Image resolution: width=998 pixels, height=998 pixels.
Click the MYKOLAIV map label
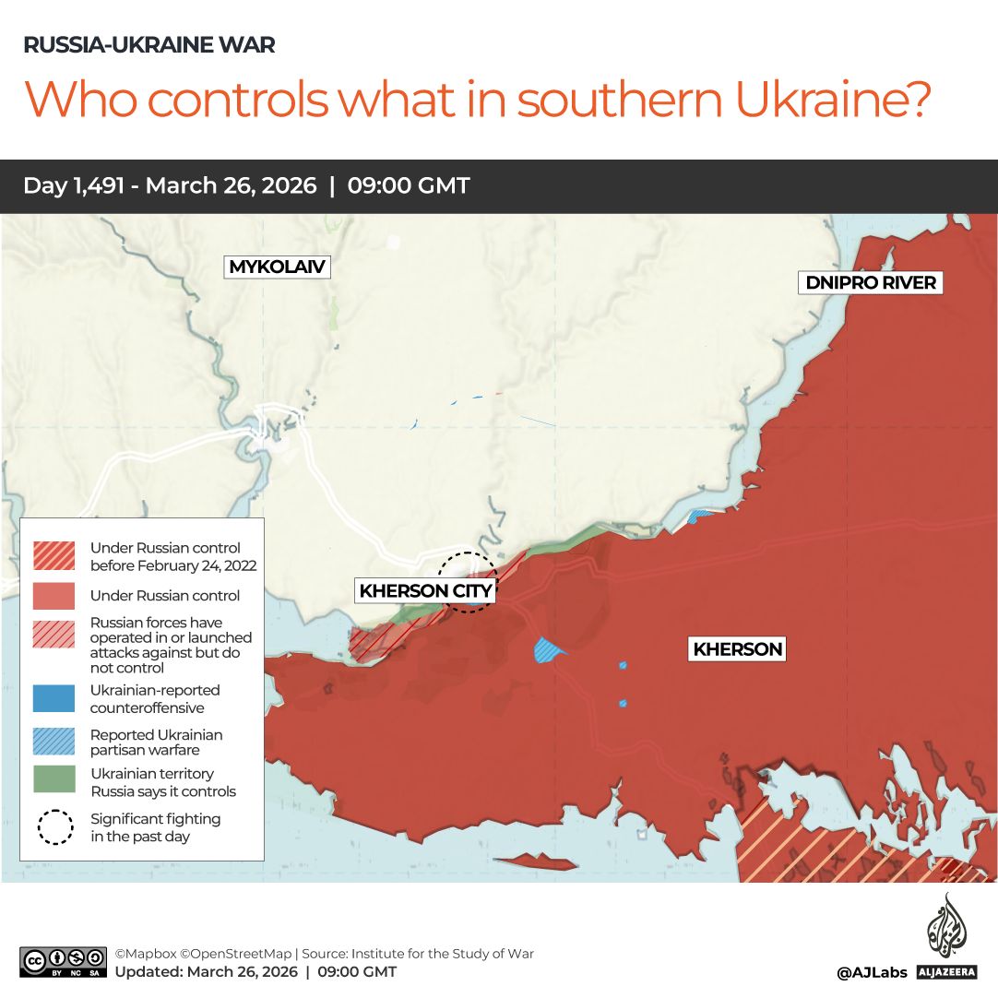[278, 267]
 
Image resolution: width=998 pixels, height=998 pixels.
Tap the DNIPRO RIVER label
[871, 283]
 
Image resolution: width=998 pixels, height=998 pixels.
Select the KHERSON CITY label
[425, 590]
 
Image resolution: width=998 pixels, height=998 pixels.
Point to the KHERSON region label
[737, 649]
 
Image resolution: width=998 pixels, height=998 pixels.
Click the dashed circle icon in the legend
[55, 826]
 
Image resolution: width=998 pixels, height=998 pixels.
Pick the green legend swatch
[54, 779]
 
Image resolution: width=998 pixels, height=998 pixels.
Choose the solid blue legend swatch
[54, 697]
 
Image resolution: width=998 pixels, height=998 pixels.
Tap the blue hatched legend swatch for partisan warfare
[54, 742]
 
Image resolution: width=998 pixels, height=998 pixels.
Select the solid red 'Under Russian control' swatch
[54, 595]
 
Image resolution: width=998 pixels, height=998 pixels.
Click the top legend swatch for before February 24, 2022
[54, 555]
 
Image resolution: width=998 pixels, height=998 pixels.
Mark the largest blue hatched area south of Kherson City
[550, 650]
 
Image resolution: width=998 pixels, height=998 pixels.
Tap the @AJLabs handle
[872, 972]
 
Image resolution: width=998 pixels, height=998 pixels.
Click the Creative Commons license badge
[63, 961]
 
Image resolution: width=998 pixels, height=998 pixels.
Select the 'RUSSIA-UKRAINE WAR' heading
[149, 45]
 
